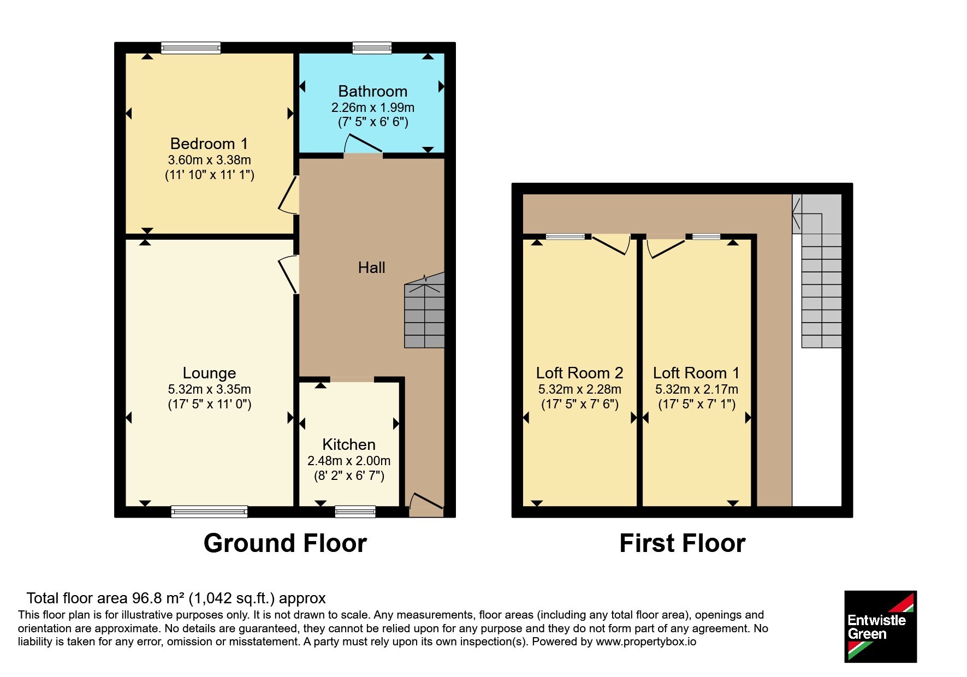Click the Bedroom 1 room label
point(209,144)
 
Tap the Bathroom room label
point(373,91)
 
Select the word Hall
point(371,268)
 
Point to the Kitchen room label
point(349,444)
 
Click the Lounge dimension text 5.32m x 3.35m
point(210,389)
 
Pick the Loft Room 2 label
point(579,373)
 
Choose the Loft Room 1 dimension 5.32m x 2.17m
point(697,389)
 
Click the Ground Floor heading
point(285,544)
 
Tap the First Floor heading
point(683,544)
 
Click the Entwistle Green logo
point(880,627)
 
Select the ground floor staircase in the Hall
point(424,310)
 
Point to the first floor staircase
point(817,271)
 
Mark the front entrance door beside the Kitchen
point(426,503)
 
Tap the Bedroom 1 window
point(191,48)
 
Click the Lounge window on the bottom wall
point(209,512)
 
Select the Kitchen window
point(355,512)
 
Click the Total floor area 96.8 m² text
point(176,598)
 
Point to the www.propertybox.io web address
point(646,642)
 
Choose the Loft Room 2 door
point(611,244)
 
